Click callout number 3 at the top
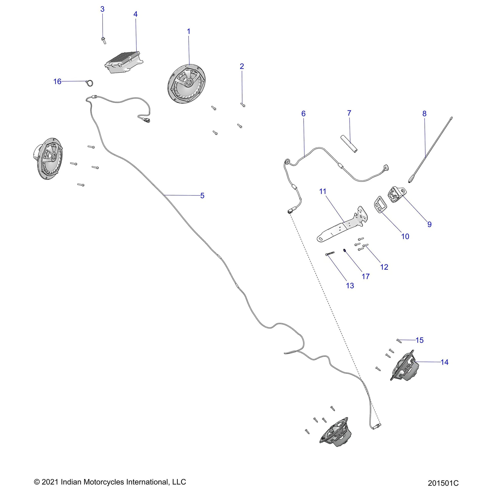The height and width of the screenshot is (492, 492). [102, 9]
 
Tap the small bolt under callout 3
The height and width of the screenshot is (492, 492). [103, 40]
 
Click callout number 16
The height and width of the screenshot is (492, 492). [57, 81]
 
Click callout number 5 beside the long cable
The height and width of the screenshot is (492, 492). [202, 196]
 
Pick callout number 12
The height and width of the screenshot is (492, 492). [384, 267]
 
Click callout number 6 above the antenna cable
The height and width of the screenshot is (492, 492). [303, 114]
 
